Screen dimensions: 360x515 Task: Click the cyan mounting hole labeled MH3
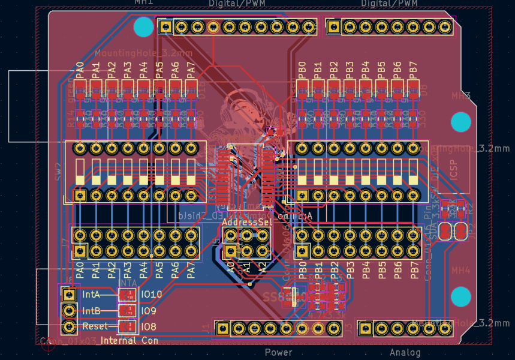pos(461,122)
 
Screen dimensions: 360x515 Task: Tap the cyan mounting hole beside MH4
pos(460,296)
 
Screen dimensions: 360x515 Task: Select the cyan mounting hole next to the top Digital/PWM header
pos(143,27)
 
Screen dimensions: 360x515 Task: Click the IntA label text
pos(91,295)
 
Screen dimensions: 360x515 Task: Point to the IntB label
pos(91,311)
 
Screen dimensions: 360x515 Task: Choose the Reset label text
pos(95,326)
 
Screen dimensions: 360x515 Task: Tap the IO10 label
pos(151,295)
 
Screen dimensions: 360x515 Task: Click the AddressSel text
pos(246,222)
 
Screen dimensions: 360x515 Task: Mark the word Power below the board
pos(278,352)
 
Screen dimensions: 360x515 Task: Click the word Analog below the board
pos(405,352)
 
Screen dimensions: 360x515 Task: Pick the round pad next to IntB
pos(70,311)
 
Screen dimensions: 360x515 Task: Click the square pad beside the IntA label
pos(70,295)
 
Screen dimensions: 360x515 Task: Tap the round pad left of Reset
pos(70,327)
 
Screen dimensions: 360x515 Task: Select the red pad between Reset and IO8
pos(127,327)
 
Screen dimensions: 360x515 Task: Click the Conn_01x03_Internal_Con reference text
pos(99,341)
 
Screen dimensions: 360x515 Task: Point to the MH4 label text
pos(461,271)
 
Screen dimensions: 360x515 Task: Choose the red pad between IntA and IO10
pos(127,295)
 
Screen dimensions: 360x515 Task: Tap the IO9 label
pos(149,311)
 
